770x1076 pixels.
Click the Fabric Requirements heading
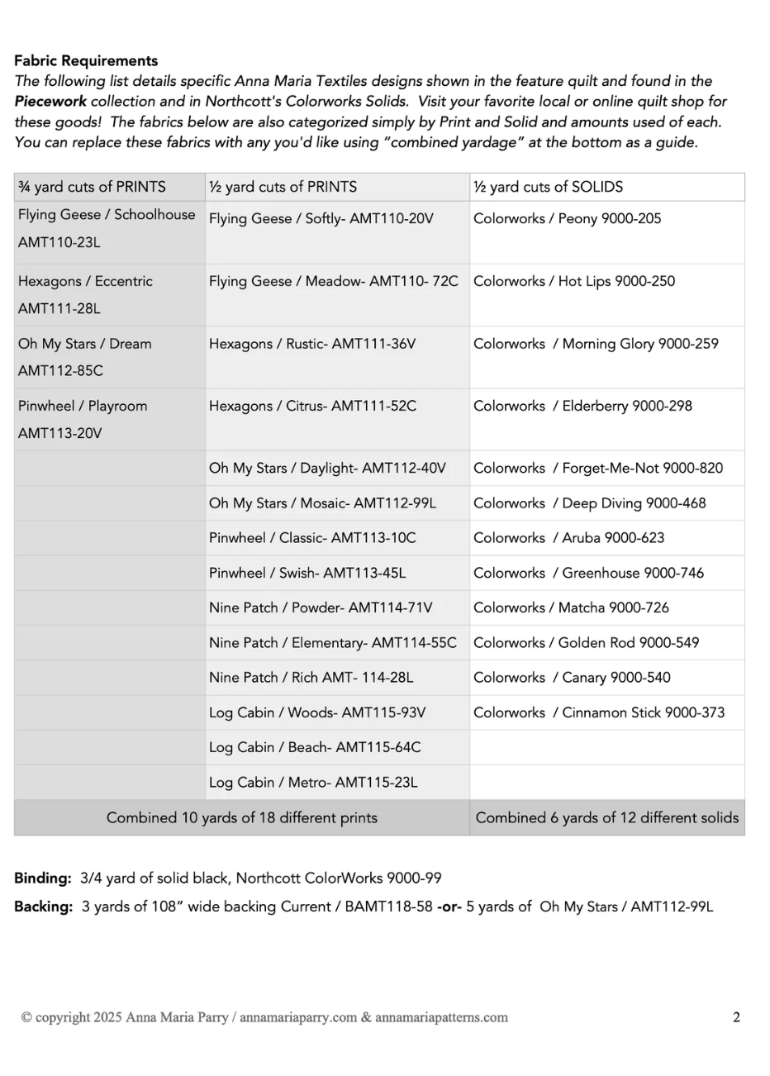[x=86, y=61]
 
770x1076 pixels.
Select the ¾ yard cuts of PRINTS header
[x=92, y=187]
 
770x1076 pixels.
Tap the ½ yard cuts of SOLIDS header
[x=548, y=187]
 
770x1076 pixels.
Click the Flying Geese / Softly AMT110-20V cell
[x=321, y=219]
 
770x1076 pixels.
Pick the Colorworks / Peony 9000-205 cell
[x=567, y=219]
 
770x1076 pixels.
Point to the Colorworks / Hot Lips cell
[x=573, y=281]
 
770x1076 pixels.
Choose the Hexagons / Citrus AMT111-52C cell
[x=312, y=406]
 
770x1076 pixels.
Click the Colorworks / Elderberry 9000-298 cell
[x=582, y=406]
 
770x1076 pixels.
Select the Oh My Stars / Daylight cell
[x=327, y=469]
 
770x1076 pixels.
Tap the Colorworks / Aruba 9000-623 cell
[x=568, y=538]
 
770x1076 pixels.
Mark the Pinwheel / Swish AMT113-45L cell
[x=307, y=573]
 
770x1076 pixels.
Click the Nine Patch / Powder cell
[x=321, y=607]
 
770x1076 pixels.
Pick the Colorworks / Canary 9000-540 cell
[x=572, y=678]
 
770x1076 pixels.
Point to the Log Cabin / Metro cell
[x=313, y=783]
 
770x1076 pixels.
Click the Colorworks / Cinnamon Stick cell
[x=598, y=712]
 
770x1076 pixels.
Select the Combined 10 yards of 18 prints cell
[x=241, y=818]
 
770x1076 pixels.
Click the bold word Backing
[x=44, y=907]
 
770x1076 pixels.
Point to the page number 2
[x=736, y=1017]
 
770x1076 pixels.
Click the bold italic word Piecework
[x=50, y=102]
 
